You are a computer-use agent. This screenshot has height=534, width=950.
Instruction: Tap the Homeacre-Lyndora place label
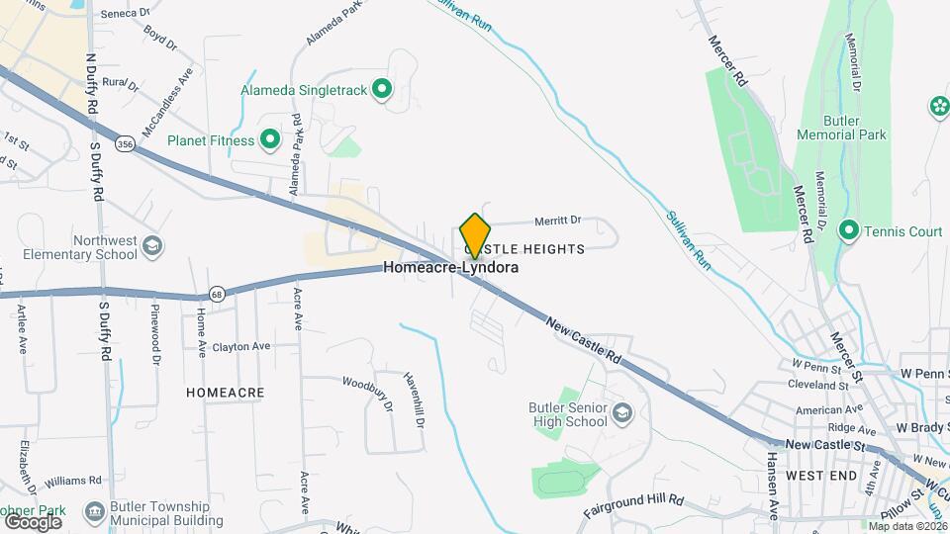point(451,267)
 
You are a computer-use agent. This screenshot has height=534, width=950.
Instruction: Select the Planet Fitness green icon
point(269,140)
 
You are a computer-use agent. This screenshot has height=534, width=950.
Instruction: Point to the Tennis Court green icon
point(848,231)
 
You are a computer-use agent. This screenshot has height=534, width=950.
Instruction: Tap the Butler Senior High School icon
point(622,411)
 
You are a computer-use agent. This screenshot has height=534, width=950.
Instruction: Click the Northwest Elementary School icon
point(152,245)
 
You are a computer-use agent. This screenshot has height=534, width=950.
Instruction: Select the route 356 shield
point(125,143)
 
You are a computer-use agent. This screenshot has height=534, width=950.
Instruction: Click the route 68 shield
point(216,295)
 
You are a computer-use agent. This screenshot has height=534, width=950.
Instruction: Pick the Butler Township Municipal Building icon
point(96,511)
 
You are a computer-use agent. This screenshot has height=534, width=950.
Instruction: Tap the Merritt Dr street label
point(557,221)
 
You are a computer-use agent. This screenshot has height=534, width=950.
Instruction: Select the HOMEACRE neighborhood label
point(226,393)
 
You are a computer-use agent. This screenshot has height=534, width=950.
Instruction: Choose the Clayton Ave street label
point(243,347)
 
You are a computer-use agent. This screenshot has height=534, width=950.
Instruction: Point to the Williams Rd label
point(73,480)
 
